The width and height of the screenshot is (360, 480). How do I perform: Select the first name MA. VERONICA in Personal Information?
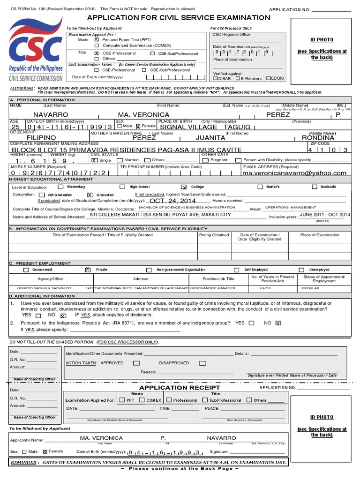click(144, 115)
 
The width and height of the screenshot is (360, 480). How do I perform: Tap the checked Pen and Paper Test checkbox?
click(97, 40)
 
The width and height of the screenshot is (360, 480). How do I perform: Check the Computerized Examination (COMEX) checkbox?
click(97, 45)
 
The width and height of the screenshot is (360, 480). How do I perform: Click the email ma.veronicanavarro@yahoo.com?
click(294, 173)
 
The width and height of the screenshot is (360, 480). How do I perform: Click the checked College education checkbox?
click(184, 187)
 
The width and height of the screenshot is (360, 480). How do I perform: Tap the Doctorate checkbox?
click(315, 187)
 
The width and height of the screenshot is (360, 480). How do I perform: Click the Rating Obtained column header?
click(214, 235)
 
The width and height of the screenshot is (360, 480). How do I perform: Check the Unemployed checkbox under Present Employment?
click(300, 270)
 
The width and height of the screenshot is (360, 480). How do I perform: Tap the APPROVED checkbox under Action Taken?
click(136, 363)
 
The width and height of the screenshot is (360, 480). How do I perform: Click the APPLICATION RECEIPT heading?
click(180, 388)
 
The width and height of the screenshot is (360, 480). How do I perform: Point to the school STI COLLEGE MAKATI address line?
click(160, 215)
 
